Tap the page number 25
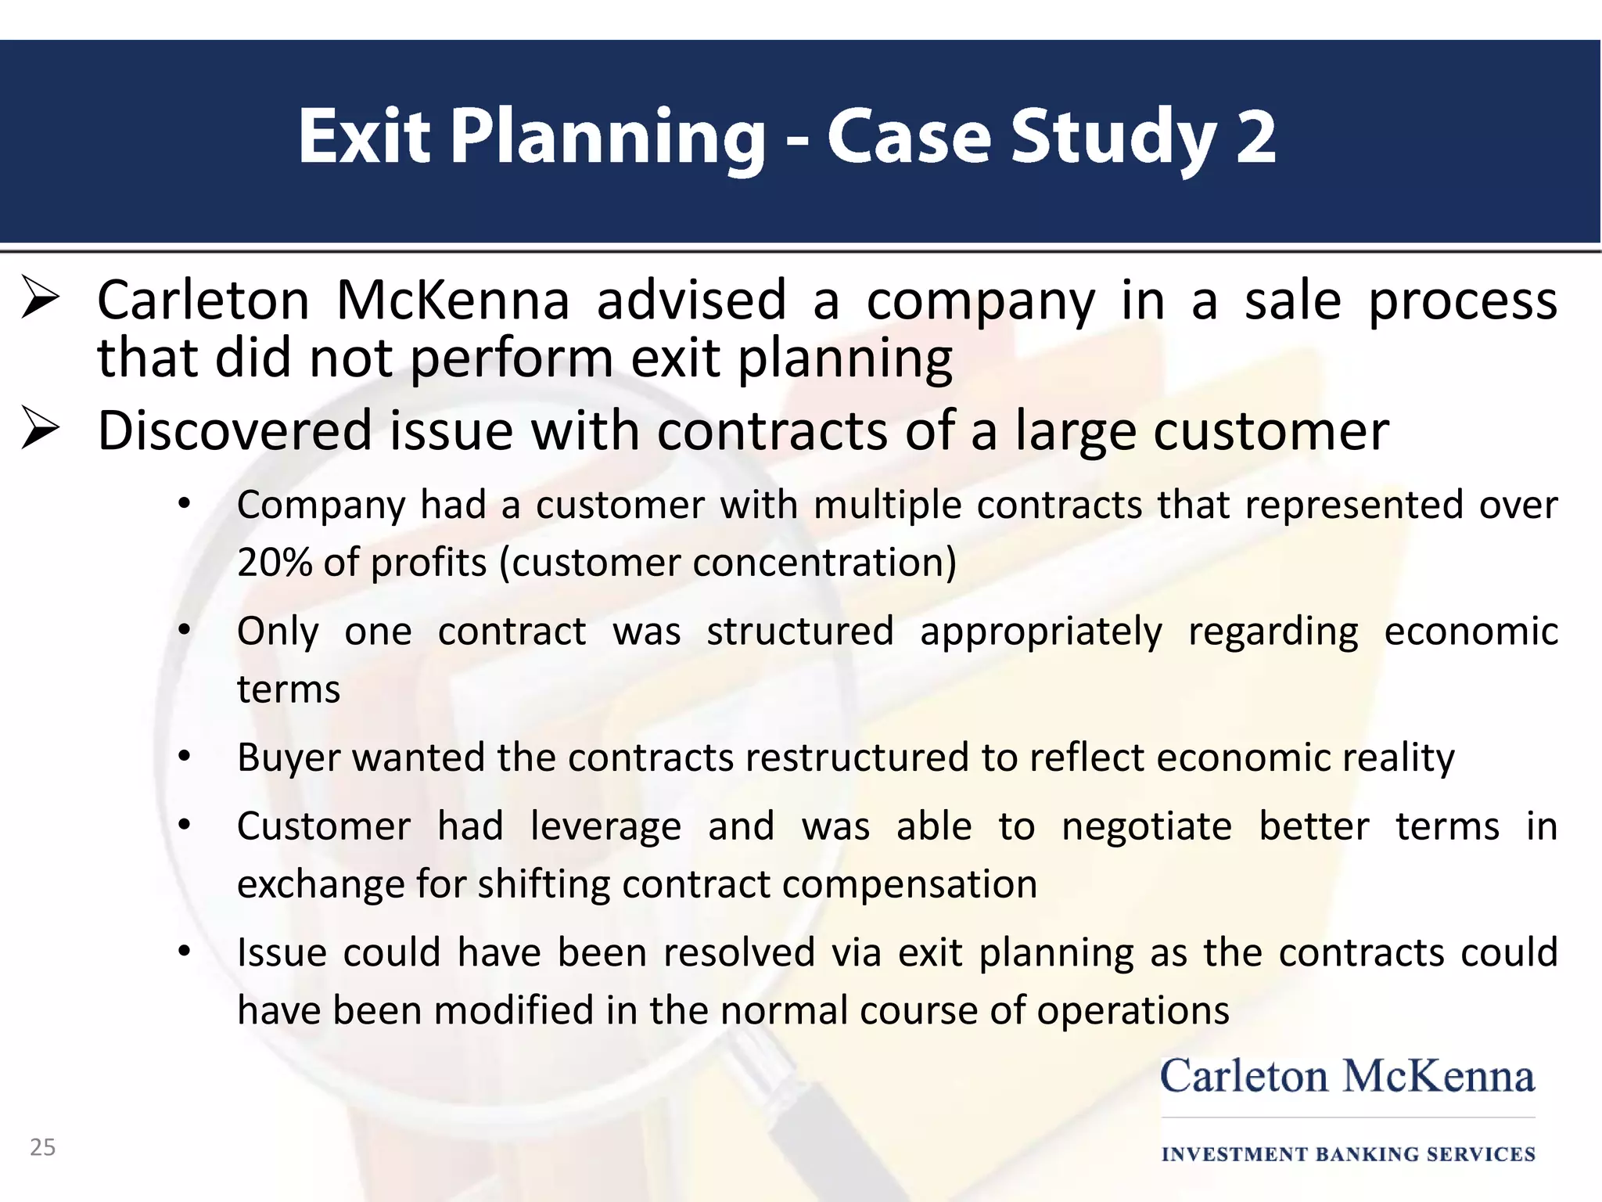[43, 1147]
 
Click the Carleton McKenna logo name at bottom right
[1347, 1077]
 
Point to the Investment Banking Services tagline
[1348, 1154]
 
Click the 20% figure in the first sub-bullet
[273, 562]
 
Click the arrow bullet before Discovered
[41, 429]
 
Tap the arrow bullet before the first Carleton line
[41, 298]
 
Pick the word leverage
[605, 826]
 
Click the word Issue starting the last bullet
[282, 953]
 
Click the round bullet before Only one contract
[185, 631]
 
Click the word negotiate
[1146, 826]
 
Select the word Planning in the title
[609, 137]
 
